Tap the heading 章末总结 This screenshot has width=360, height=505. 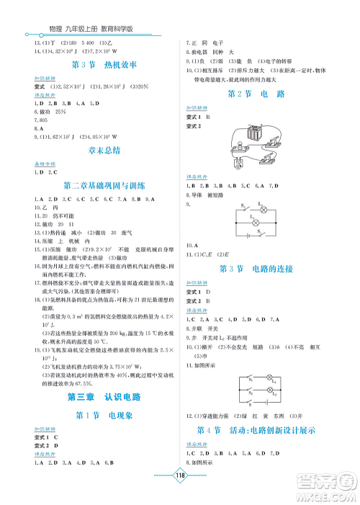click(x=100, y=150)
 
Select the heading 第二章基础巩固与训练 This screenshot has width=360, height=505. click(x=99, y=184)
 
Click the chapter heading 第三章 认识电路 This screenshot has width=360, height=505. click(x=100, y=396)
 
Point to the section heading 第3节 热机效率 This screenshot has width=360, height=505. click(x=99, y=66)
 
